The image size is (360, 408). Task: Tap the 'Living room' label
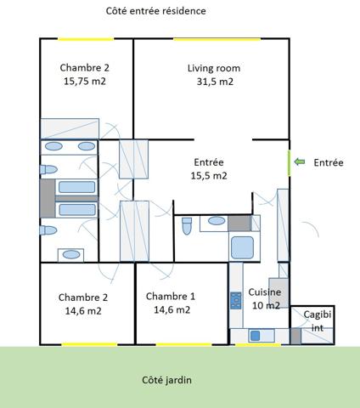coord(214,68)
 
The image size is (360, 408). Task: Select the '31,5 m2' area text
coord(214,82)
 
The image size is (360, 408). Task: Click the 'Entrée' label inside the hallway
coord(209,161)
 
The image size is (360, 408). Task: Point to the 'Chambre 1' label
coord(171,296)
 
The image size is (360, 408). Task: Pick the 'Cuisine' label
coord(264,292)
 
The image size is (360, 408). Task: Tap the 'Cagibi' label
coord(318,314)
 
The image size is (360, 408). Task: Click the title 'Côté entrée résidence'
coord(156,11)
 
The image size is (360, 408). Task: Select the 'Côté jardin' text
coord(166,380)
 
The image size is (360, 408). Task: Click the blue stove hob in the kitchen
coord(235,300)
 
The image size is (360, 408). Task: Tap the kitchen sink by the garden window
coord(252,337)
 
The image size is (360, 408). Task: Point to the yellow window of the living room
coord(217,39)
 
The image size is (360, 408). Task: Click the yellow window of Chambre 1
coord(183,344)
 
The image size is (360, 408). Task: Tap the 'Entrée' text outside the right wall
coord(329,161)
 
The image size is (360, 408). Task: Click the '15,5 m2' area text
coord(209,176)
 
